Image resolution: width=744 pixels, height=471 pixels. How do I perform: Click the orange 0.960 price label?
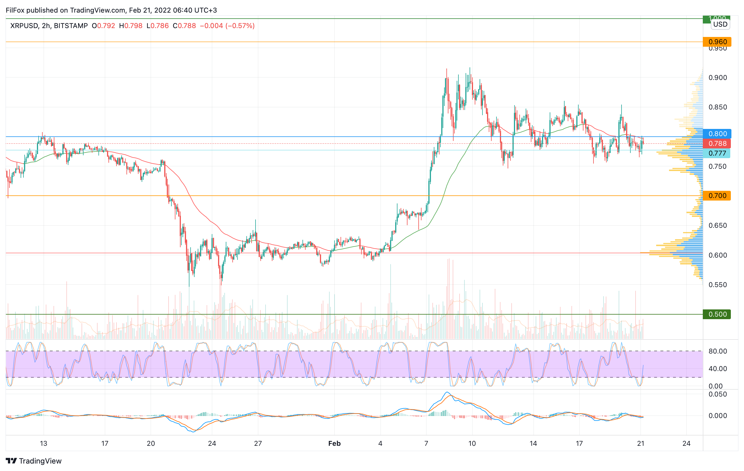click(717, 42)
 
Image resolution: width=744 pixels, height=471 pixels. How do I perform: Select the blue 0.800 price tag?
click(717, 134)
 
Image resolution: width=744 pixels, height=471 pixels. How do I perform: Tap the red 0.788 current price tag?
click(717, 144)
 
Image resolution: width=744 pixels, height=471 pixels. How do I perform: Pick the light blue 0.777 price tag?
click(717, 153)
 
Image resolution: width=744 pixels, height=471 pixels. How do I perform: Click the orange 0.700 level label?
click(717, 195)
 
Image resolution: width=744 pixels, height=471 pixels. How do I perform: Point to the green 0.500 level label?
click(717, 314)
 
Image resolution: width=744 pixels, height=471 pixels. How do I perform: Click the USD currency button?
click(720, 24)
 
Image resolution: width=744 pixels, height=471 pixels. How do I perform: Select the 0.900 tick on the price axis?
click(717, 78)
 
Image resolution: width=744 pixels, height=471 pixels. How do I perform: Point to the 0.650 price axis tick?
click(717, 225)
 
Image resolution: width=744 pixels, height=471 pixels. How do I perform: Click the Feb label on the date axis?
click(334, 443)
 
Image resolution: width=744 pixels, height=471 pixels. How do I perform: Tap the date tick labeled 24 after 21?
click(686, 443)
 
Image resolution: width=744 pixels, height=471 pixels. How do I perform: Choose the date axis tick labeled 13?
click(43, 443)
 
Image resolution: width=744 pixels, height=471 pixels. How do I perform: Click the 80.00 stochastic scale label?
click(717, 351)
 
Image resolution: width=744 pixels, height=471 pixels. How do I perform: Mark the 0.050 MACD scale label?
click(717, 394)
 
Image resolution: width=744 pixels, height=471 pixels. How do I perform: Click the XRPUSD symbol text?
click(24, 26)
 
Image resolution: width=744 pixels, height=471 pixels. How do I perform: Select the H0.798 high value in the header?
click(131, 26)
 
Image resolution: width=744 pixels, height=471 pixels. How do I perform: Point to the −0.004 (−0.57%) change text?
click(227, 26)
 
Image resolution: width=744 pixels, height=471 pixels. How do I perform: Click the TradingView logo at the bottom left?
click(34, 461)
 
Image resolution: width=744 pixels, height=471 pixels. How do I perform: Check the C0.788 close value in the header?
click(184, 26)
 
